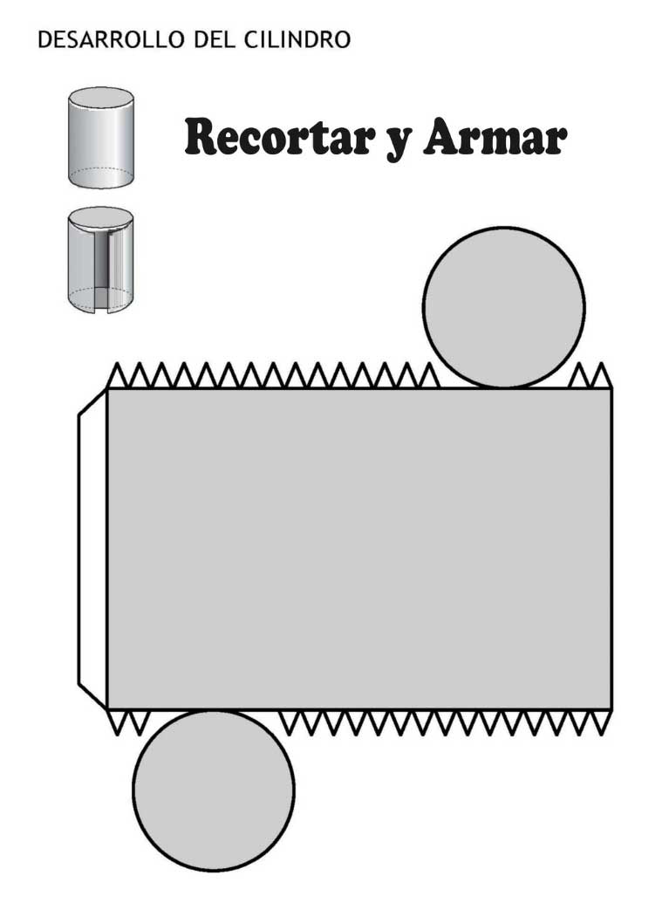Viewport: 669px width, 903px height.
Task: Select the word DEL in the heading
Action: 208,39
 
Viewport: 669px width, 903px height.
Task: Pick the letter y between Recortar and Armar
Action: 398,141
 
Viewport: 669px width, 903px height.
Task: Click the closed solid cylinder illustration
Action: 101,138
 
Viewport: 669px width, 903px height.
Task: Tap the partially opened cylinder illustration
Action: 101,259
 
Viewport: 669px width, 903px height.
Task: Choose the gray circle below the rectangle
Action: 213,790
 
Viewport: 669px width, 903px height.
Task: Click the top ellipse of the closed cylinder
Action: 101,96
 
